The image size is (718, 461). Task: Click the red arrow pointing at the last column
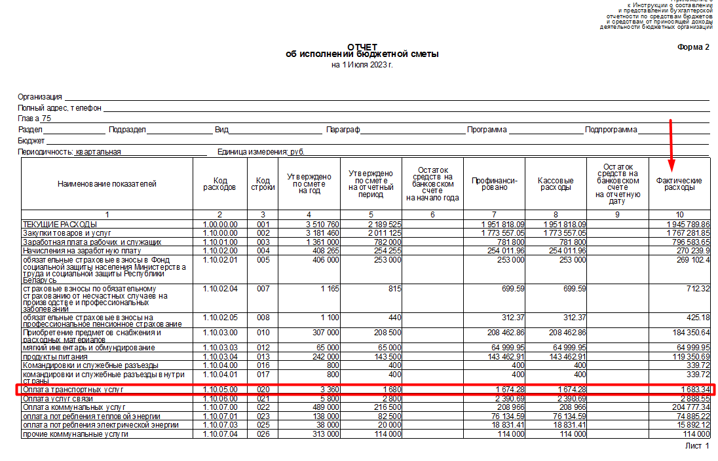click(671, 144)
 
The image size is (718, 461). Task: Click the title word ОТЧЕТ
click(362, 46)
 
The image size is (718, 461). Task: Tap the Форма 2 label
click(693, 47)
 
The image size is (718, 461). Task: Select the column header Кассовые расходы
click(556, 184)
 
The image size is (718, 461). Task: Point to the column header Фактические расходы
click(679, 184)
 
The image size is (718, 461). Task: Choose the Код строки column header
click(263, 184)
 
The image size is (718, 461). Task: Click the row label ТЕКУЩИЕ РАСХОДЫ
click(60, 225)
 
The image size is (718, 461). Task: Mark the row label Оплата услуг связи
click(58, 399)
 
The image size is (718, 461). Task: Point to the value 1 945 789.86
click(687, 225)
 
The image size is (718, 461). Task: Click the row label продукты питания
click(51, 356)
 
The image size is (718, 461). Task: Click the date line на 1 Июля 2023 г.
click(362, 65)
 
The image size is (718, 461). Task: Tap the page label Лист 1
click(697, 446)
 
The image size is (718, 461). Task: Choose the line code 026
click(263, 433)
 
